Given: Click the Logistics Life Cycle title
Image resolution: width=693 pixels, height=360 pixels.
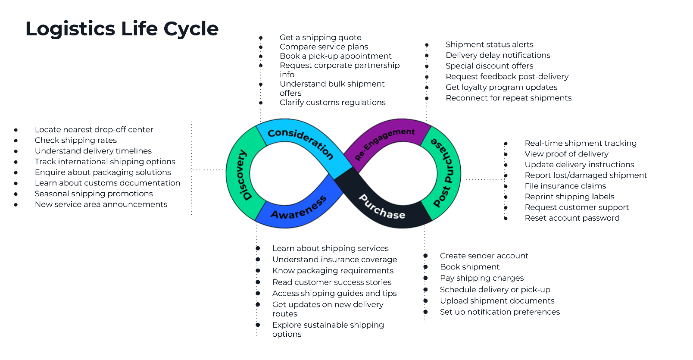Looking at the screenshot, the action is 122,29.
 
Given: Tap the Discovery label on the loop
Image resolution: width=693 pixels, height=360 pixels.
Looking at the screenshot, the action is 244,175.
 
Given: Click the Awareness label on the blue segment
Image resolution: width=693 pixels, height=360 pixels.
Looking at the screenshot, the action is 299,208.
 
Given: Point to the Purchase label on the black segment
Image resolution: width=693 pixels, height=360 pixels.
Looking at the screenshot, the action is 382,207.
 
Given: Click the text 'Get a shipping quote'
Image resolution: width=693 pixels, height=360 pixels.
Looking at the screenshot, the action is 321,38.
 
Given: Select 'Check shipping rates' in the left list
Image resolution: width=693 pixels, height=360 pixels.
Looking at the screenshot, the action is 76,140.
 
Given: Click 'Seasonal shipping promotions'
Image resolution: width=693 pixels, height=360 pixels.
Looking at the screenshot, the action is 94,194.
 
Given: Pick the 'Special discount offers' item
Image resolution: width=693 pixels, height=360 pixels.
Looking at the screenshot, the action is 490,66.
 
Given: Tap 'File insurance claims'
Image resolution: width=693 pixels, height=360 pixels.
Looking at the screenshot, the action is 565,186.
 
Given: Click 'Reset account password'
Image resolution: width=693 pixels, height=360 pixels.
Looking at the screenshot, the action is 572,218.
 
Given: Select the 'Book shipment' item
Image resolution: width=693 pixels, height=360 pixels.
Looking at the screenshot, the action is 470,267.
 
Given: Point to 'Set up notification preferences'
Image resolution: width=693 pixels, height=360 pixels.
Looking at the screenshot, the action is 500,312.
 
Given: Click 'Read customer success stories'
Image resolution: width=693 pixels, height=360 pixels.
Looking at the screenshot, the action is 332,282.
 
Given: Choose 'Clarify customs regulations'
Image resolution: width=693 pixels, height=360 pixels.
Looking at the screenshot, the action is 333,103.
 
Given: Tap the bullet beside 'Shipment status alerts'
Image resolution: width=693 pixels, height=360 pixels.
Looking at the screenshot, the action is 427,45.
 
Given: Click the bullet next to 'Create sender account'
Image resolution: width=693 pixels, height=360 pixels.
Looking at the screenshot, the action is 425,256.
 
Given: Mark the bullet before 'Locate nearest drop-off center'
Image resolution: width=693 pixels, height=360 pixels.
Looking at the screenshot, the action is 16,130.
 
